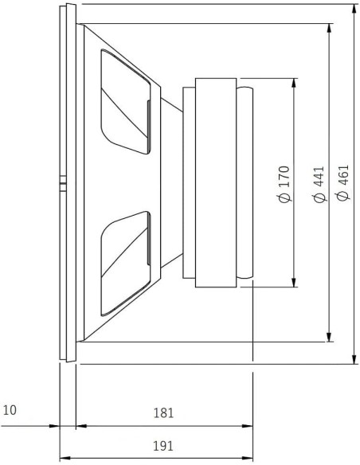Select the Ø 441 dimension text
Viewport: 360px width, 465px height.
pyautogui.click(x=319, y=186)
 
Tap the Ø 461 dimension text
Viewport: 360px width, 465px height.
pyautogui.click(x=343, y=186)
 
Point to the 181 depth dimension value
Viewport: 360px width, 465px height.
pyautogui.click(x=162, y=413)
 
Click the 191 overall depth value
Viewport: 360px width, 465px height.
pyautogui.click(x=162, y=445)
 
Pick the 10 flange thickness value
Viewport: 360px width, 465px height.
pyautogui.click(x=10, y=411)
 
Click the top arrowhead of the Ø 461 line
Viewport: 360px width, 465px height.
pyautogui.click(x=353, y=8)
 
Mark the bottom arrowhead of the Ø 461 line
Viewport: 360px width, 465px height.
pyautogui.click(x=353, y=360)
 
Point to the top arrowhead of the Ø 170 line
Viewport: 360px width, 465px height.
pyautogui.click(x=295, y=83)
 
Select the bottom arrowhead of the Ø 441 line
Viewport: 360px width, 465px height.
pyautogui.click(x=329, y=340)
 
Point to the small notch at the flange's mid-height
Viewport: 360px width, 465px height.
pyautogui.click(x=61, y=184)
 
